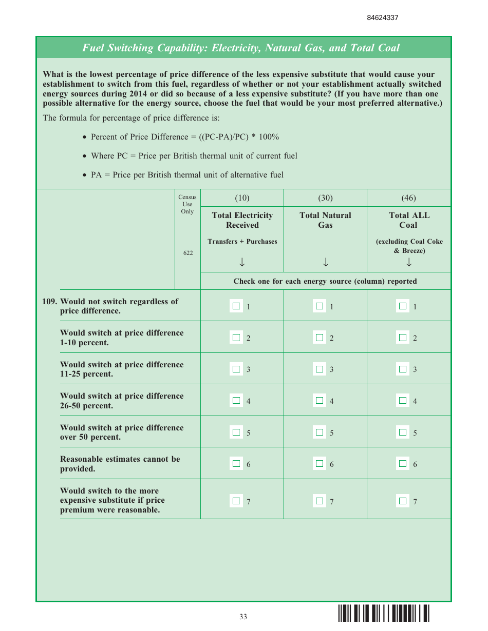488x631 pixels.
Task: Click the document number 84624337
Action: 383,18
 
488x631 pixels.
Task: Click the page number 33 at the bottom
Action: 243,617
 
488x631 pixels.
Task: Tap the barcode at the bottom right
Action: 384,614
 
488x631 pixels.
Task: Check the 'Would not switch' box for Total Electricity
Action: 236,306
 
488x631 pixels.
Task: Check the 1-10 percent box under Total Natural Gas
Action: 320,338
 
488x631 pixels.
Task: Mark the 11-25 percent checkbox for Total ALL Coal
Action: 403,369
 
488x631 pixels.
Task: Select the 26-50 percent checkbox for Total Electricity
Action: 236,401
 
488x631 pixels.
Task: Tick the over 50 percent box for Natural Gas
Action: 320,432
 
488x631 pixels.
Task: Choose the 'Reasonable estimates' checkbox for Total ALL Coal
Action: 403,464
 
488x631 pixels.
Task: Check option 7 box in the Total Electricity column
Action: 236,501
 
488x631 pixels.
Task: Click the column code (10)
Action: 242,198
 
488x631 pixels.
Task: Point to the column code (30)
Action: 325,198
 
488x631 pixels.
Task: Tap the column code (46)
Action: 408,198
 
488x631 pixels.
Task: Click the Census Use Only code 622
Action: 188,253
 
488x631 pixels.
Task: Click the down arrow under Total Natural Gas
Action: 325,262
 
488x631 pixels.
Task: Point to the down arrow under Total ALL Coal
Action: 408,262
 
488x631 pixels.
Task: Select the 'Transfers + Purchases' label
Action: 242,242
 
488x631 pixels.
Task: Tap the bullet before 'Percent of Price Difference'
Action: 85,137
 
